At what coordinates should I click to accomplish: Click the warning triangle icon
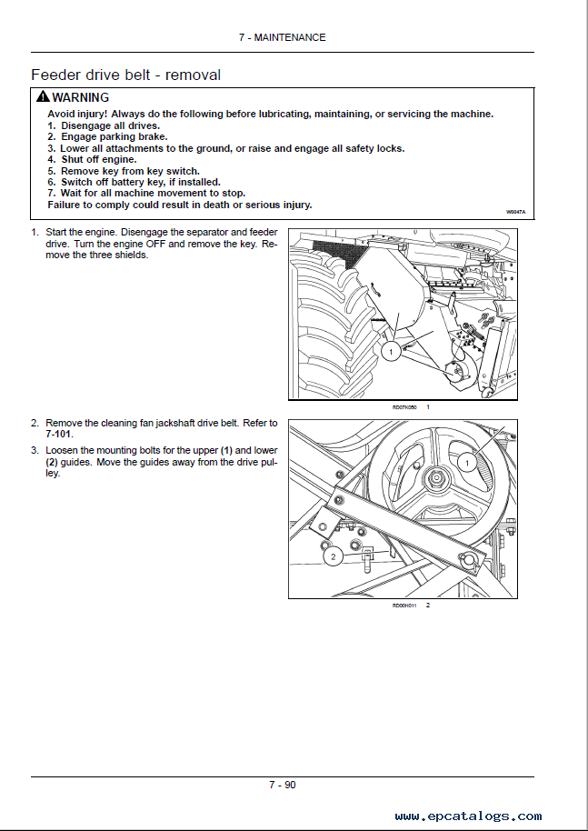[x=42, y=97]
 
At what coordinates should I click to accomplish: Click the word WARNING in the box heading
[x=80, y=97]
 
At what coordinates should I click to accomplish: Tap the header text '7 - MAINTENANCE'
[x=282, y=37]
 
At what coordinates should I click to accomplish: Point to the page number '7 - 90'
[x=282, y=785]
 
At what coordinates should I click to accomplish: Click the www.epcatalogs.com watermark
[x=468, y=816]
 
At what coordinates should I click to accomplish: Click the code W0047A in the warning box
[x=515, y=211]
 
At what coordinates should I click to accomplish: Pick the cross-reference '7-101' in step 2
[x=60, y=435]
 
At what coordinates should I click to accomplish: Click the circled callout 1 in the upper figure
[x=388, y=351]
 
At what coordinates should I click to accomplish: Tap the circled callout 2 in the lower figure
[x=333, y=556]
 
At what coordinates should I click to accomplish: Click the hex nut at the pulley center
[x=437, y=478]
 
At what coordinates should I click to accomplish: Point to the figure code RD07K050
[x=404, y=407]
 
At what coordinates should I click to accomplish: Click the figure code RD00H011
[x=404, y=605]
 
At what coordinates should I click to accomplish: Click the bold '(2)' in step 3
[x=52, y=462]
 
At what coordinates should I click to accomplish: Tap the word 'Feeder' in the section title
[x=56, y=75]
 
